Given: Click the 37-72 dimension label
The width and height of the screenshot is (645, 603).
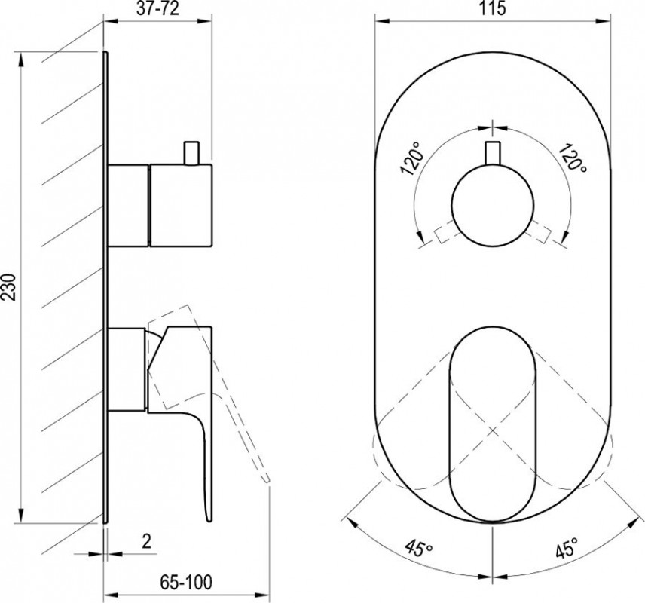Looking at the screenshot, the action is pyautogui.click(x=157, y=8).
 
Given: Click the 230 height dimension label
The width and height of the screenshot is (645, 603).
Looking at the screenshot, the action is pyautogui.click(x=9, y=286).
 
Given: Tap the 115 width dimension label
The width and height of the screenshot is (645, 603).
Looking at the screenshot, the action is pyautogui.click(x=492, y=8).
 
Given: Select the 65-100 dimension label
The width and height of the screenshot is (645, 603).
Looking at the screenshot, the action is pyautogui.click(x=186, y=582).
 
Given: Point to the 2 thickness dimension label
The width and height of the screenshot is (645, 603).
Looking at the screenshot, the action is pyautogui.click(x=146, y=541).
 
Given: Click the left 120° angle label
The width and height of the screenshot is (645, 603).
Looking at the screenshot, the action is pyautogui.click(x=413, y=159).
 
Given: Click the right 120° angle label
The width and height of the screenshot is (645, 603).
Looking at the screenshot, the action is pyautogui.click(x=572, y=158).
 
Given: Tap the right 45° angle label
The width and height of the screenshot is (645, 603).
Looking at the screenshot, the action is pyautogui.click(x=568, y=547).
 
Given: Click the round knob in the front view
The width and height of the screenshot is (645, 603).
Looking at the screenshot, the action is pyautogui.click(x=493, y=206).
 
